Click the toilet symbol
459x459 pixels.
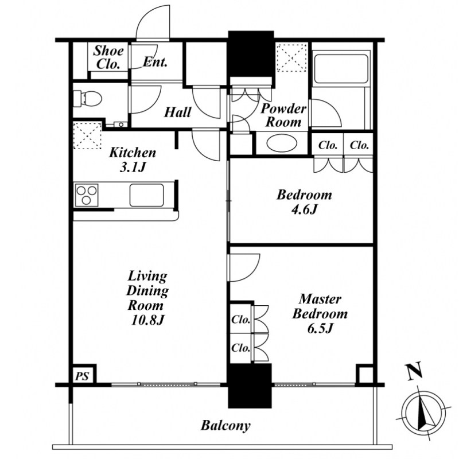(87, 98)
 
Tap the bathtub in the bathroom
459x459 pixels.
(341, 68)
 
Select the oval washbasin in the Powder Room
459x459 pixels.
(282, 143)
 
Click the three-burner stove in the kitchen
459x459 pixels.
(87, 195)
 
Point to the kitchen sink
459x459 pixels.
(146, 195)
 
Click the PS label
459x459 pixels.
(82, 376)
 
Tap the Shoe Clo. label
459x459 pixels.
(108, 57)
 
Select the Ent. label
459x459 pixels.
(155, 62)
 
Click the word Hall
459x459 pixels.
(177, 112)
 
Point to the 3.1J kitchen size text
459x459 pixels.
(133, 168)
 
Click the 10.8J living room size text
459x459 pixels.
(147, 320)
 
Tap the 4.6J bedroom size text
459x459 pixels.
(305, 209)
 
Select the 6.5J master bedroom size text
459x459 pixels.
(320, 328)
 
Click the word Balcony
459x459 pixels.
(225, 426)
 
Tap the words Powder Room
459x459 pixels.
(283, 116)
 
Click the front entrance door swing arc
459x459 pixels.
(153, 22)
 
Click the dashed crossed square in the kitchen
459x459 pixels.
(87, 135)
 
